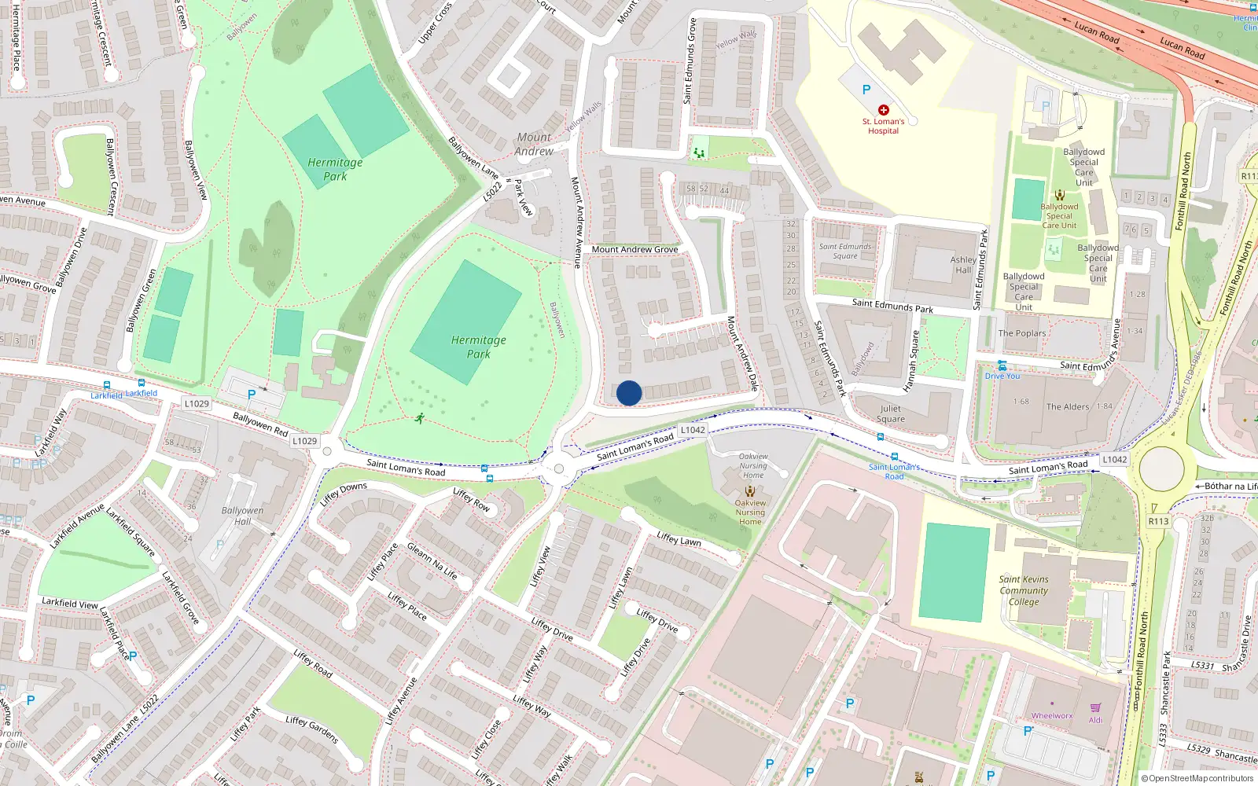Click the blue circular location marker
pos(629,393)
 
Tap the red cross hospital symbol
pos(883,110)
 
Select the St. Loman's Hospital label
pos(883,126)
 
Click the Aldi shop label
pos(1095,720)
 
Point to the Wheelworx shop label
pos(1052,716)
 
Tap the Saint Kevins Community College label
pos(1024,590)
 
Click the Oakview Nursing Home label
pos(750,512)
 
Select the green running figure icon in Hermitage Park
pos(420,418)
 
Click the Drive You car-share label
pos(1002,376)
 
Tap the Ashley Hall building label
pos(963,265)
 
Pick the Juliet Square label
pos(891,413)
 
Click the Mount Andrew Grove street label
pos(635,249)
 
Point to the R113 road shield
pos(1158,521)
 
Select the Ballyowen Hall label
pos(242,516)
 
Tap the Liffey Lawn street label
pos(679,539)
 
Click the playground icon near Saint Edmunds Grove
pos(698,152)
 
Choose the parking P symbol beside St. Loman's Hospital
pos(866,90)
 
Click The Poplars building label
pos(1022,333)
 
